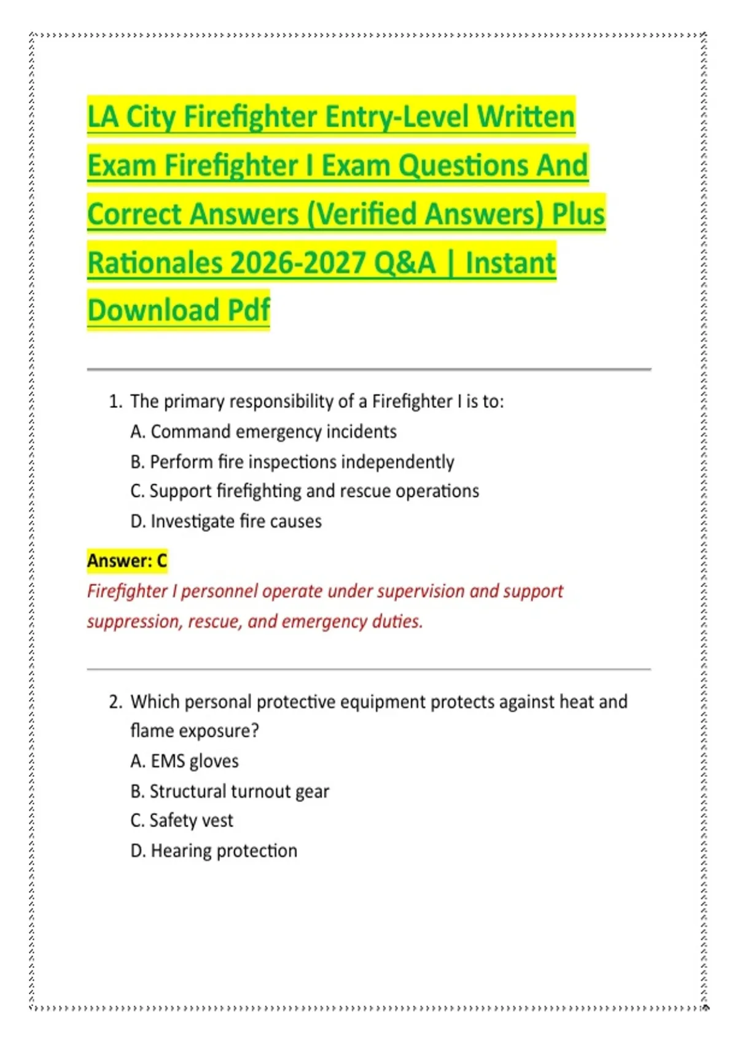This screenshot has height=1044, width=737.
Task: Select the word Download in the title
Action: coord(154,310)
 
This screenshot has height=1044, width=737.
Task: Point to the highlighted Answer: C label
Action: coord(127,561)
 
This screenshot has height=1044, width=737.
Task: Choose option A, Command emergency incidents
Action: coord(263,432)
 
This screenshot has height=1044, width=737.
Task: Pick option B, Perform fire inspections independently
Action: coord(292,462)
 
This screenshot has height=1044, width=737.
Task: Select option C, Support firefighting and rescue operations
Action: coord(305,491)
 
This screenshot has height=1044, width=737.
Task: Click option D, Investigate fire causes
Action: coord(226,521)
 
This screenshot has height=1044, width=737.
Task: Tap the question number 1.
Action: coord(115,402)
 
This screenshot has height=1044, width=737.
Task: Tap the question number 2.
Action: coord(115,702)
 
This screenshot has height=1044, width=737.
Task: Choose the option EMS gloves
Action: coord(184,762)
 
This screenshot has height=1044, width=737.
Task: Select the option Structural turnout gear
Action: coord(230,791)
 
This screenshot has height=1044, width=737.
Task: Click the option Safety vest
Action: coord(182,820)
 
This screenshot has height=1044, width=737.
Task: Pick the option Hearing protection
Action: coord(214,851)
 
